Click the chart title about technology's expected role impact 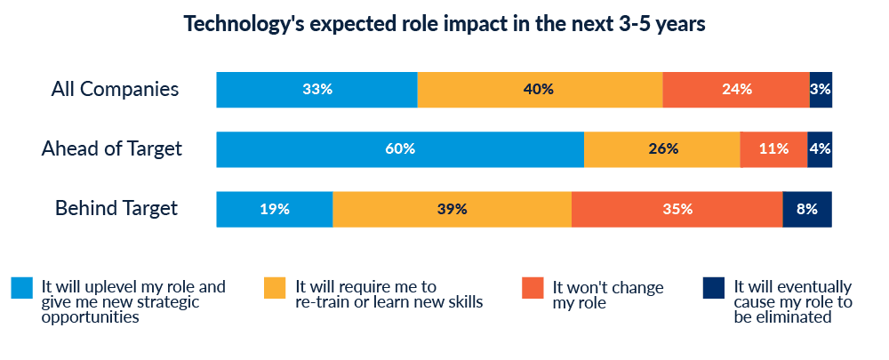(x=444, y=24)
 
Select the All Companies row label (x=115, y=89)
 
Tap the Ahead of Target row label (x=112, y=148)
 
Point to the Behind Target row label (x=116, y=208)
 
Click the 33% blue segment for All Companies (x=316, y=89)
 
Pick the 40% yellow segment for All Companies (x=540, y=89)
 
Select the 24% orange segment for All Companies (x=736, y=89)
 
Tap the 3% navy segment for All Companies (x=821, y=89)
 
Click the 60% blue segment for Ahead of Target (x=400, y=148)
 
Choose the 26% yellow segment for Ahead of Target (x=662, y=148)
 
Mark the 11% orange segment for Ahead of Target (x=773, y=148)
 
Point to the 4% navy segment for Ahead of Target (x=820, y=148)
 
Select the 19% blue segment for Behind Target (x=275, y=209)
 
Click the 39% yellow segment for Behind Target (x=453, y=209)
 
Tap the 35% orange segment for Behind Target (x=677, y=209)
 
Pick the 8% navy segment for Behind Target (x=807, y=209)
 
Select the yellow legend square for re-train (x=275, y=288)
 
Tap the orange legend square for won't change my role (x=533, y=288)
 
